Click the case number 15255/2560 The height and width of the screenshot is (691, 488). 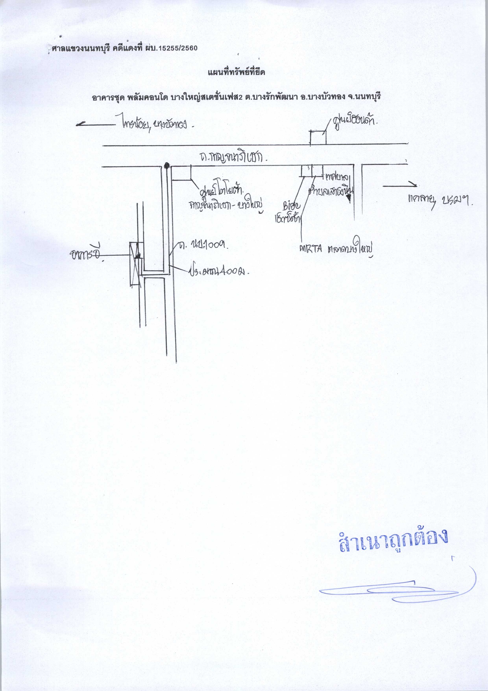[178, 48]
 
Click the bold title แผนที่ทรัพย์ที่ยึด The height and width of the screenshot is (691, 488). [236, 72]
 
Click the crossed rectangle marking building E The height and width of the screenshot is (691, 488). [136, 264]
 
